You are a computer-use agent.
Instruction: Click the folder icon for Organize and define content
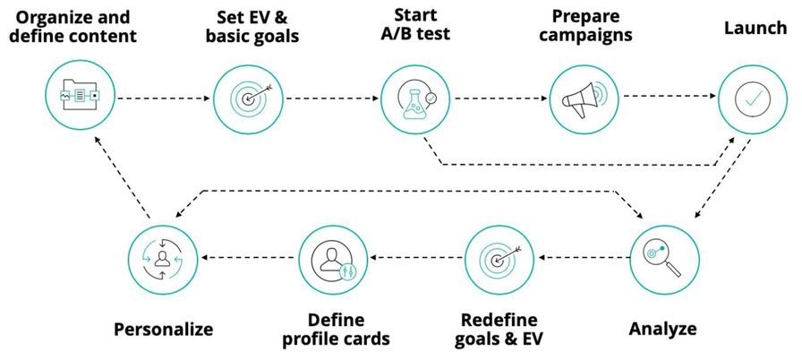pos(80,96)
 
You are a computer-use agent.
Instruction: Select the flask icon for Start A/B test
pos(415,99)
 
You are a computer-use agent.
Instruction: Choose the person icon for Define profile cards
pos(333,261)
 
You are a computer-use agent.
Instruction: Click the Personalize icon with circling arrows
pos(163,260)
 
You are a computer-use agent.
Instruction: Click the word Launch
pos(755,28)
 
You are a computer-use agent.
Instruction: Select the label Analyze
pos(662,329)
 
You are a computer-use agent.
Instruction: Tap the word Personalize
pos(163,330)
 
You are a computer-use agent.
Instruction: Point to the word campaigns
pos(585,36)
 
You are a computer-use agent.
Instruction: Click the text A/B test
pos(415,34)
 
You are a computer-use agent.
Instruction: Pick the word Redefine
pos(499,321)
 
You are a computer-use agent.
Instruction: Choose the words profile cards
pos(336,339)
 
